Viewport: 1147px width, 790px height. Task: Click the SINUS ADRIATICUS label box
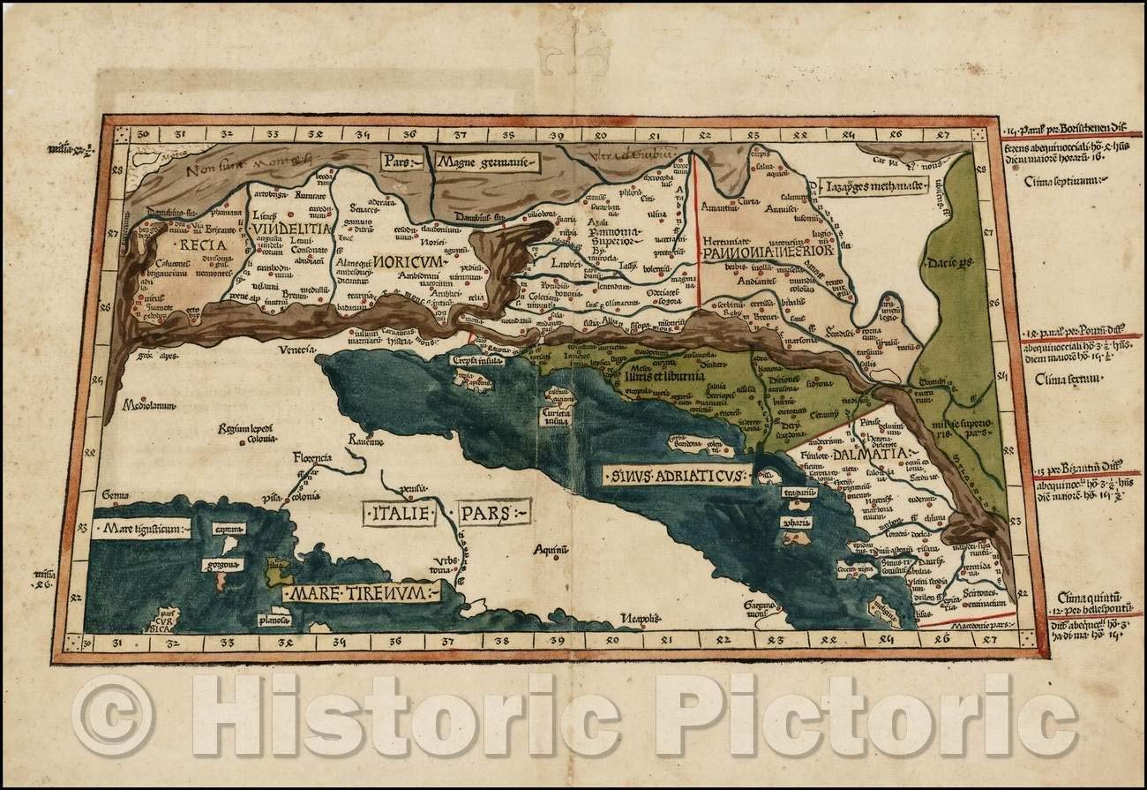coord(676,476)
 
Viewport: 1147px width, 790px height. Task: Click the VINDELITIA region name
coord(291,229)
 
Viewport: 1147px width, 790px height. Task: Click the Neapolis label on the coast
coord(639,617)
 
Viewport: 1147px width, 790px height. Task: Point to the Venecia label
coord(297,350)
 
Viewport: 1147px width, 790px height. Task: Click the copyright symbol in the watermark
coord(113,715)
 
